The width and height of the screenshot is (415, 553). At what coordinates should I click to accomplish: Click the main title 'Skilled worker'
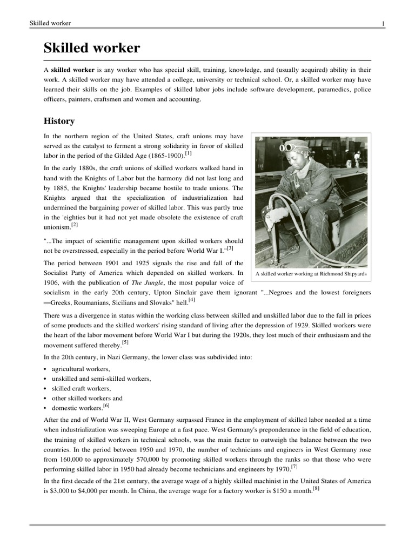click(91, 48)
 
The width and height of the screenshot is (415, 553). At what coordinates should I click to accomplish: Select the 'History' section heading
click(59, 121)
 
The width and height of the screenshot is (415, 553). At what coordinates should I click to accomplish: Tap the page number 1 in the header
click(383, 23)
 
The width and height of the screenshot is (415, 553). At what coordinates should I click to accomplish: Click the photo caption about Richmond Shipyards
click(311, 274)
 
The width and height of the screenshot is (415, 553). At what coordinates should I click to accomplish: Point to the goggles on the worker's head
click(292, 146)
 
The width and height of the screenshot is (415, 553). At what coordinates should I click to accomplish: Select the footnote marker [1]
click(188, 153)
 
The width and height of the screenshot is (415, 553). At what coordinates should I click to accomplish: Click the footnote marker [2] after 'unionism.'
click(75, 225)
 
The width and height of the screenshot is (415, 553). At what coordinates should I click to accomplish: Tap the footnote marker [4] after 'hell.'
click(192, 299)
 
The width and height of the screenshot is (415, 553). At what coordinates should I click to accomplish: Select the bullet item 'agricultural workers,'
click(81, 368)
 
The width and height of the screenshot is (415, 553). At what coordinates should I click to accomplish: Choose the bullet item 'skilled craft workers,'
click(82, 388)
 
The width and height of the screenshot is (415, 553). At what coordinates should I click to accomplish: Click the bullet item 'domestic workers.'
click(77, 408)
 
